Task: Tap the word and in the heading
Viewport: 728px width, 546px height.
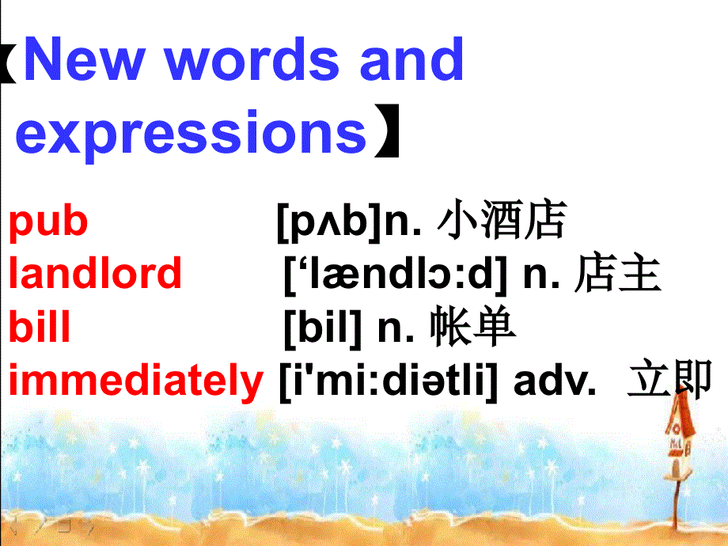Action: (x=411, y=60)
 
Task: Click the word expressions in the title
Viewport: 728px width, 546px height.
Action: (x=191, y=132)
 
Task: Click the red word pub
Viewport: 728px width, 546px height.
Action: (x=48, y=222)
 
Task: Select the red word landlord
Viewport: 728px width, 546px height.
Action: (x=95, y=273)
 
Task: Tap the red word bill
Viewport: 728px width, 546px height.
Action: (x=40, y=327)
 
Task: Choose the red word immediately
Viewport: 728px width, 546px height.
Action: (x=135, y=381)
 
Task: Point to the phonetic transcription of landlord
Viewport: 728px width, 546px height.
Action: (x=395, y=274)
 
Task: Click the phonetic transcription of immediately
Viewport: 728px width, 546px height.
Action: (x=389, y=381)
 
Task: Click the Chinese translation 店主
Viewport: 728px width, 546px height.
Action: (x=618, y=273)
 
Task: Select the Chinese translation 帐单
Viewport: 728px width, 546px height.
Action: (x=474, y=327)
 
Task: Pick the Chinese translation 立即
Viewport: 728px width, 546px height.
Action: (x=669, y=381)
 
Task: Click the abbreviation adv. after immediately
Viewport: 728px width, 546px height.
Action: (x=554, y=381)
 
